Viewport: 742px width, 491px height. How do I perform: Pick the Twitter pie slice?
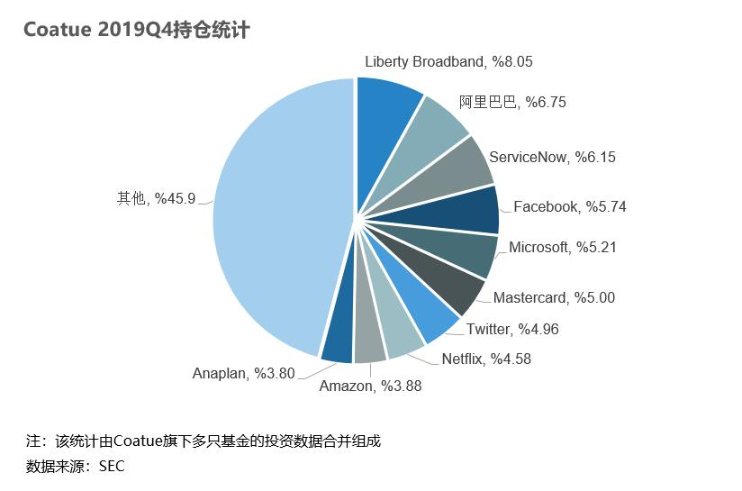point(423,307)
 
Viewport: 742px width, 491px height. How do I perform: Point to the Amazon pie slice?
point(369,339)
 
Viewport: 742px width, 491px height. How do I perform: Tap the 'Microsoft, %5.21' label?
point(562,247)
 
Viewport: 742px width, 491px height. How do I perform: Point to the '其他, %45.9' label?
point(156,197)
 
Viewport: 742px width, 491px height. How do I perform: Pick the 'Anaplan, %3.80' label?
point(243,373)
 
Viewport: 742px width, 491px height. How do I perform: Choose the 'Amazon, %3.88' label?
point(370,386)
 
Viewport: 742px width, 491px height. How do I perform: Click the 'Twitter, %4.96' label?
point(512,329)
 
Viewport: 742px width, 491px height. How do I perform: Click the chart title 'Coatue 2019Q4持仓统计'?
point(136,30)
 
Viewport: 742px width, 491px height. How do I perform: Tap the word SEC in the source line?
point(112,466)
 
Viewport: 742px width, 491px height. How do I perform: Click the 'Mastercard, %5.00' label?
point(554,297)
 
